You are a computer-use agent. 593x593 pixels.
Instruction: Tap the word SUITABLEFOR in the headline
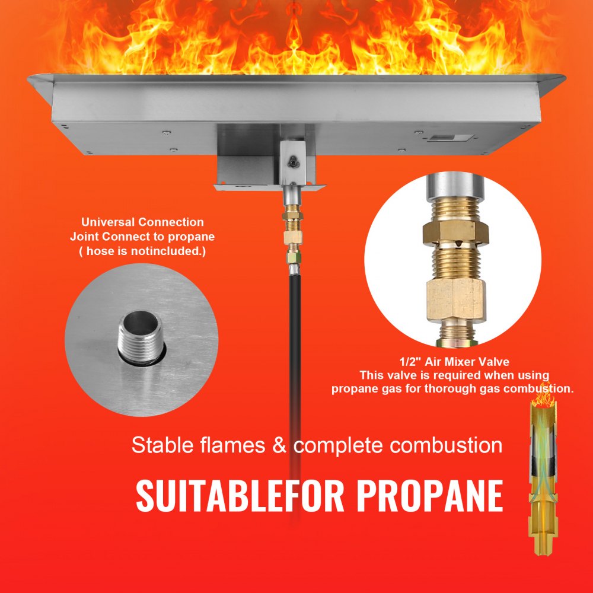click(x=241, y=496)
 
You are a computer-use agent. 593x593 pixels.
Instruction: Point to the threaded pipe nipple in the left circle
click(x=141, y=335)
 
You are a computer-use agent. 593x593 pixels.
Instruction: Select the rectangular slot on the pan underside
click(x=444, y=138)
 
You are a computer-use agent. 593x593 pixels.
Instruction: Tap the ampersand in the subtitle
click(x=279, y=445)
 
